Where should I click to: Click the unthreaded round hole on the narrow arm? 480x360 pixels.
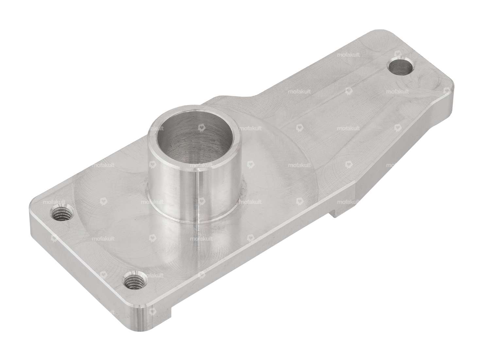(x=401, y=67)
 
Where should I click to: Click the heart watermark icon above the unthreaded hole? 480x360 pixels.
(x=398, y=54)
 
